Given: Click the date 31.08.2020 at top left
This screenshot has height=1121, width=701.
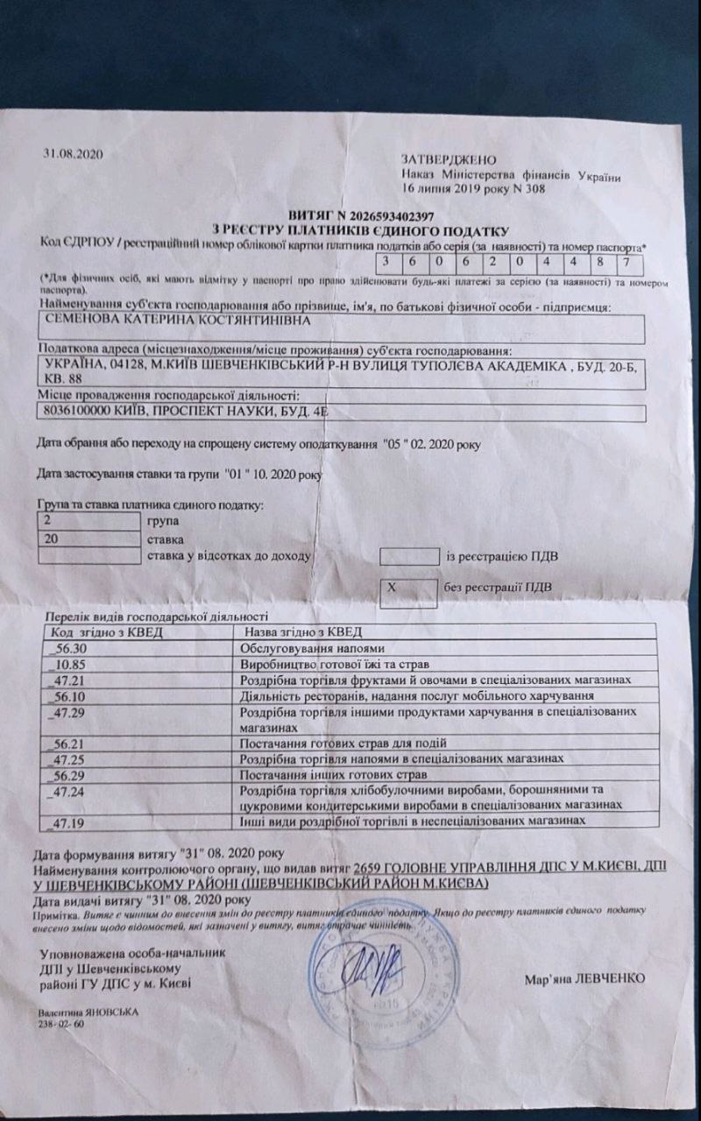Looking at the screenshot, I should tap(74, 154).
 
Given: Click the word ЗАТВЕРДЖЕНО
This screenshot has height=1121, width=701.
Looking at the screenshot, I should tap(449, 160).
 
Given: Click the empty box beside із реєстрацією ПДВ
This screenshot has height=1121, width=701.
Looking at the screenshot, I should tap(407, 556).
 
